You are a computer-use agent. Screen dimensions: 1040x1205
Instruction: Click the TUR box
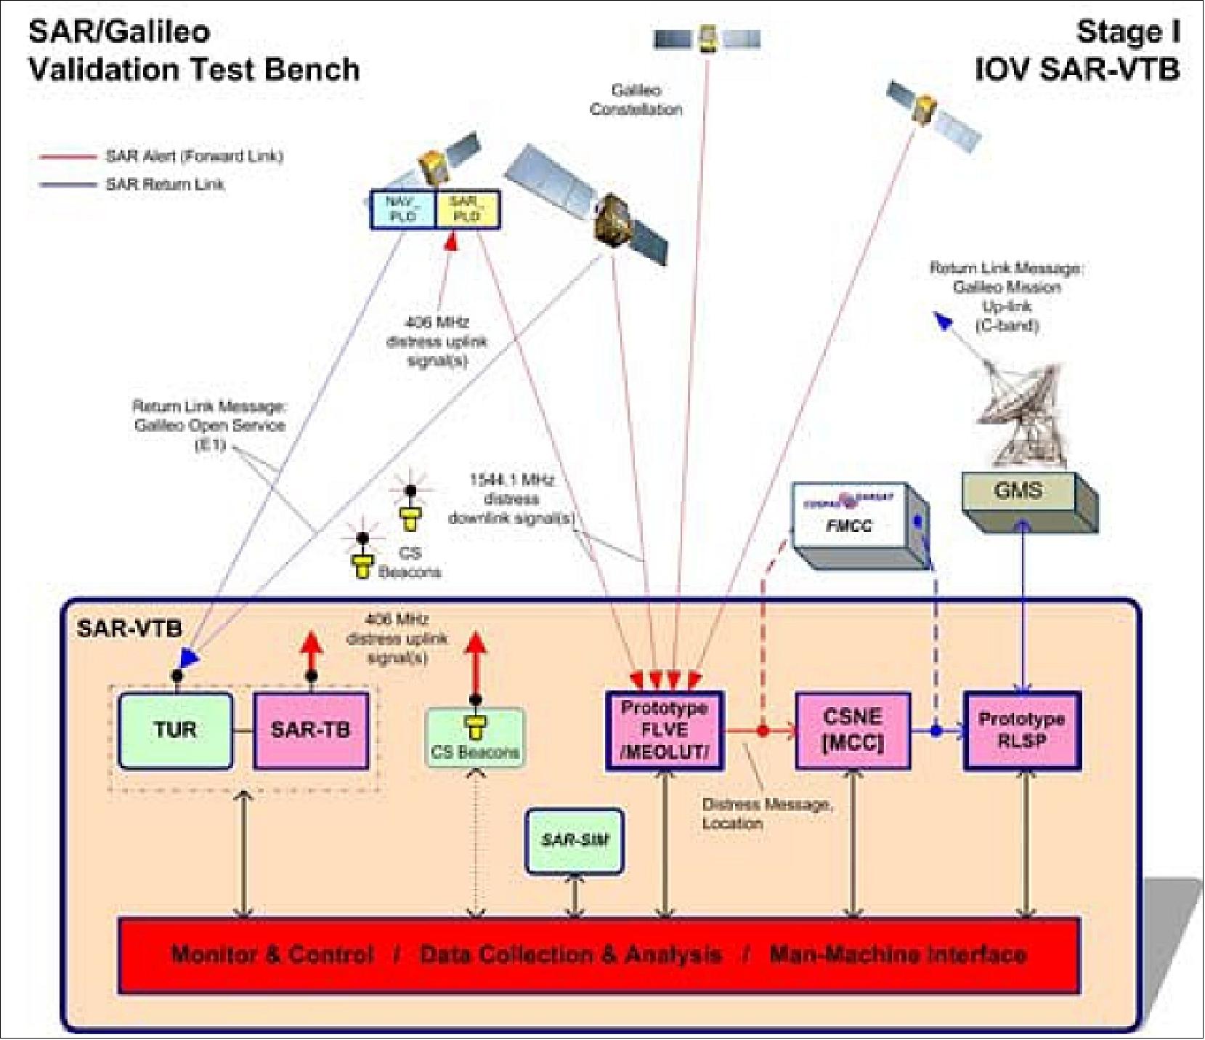(x=175, y=730)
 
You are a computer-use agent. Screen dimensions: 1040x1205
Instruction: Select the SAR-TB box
(x=310, y=730)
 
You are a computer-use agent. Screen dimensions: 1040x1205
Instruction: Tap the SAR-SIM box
(x=575, y=840)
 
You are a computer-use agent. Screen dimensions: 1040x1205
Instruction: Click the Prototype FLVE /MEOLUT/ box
(x=664, y=730)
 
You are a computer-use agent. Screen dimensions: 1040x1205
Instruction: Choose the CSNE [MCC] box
(x=852, y=730)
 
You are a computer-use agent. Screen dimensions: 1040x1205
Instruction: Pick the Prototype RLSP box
(x=1021, y=730)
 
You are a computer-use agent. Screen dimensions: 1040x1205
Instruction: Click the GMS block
(x=1018, y=492)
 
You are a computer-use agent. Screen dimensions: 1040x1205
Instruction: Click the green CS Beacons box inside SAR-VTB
(x=475, y=738)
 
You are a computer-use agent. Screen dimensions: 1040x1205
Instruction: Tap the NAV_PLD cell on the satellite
(x=402, y=209)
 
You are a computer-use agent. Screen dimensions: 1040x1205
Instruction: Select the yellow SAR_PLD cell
(x=467, y=209)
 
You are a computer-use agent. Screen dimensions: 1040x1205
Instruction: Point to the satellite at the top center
(x=707, y=38)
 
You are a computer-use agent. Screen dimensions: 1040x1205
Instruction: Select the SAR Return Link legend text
(x=165, y=185)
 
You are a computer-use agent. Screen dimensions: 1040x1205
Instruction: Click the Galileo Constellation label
(x=636, y=100)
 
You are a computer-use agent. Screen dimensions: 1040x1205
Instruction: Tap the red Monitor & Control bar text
(x=599, y=954)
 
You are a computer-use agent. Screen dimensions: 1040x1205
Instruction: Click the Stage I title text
(x=1127, y=32)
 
